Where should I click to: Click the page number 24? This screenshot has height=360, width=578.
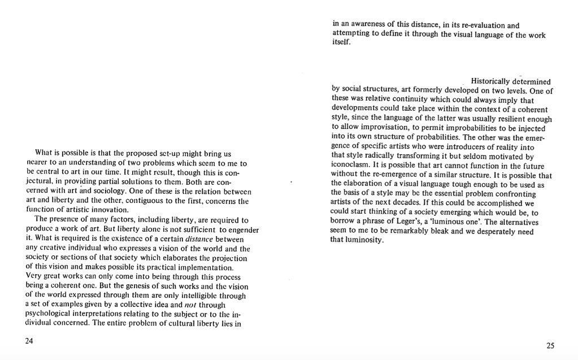(30, 341)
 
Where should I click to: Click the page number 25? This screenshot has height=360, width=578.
(550, 345)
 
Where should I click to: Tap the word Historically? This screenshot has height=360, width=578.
(490, 82)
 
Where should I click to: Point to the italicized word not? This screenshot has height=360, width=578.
(193, 305)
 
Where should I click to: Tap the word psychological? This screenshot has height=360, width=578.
(50, 314)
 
